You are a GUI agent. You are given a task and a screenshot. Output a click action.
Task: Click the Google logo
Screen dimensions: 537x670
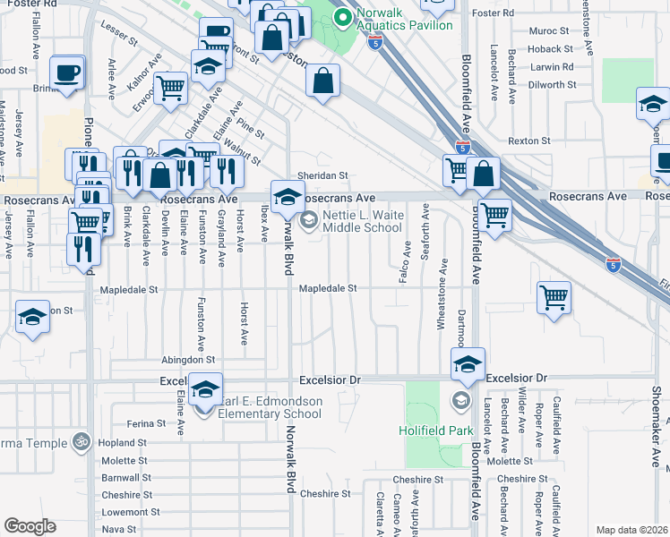click(30, 526)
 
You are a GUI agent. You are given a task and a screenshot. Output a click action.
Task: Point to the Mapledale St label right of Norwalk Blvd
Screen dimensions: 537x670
click(328, 289)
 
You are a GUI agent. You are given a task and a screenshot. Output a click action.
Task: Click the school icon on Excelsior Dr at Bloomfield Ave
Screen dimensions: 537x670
click(468, 363)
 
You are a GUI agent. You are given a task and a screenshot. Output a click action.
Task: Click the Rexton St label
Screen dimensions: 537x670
click(528, 141)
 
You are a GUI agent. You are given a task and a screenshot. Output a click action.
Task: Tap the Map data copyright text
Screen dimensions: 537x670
click(631, 530)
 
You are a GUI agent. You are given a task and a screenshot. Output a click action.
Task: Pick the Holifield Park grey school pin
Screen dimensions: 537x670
click(460, 399)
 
